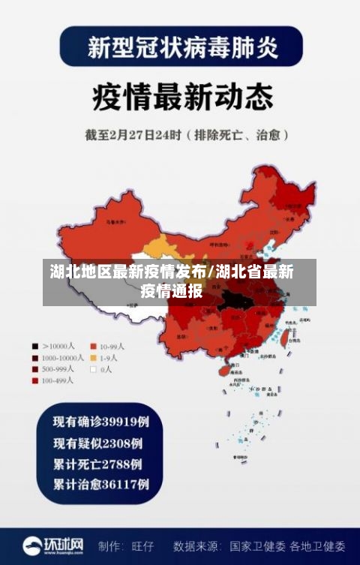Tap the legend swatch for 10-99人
coord(94,347)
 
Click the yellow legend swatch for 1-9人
coord(94,358)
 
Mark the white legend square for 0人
coord(94,369)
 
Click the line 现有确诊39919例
coord(100,422)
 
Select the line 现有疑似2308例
coord(97,442)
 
